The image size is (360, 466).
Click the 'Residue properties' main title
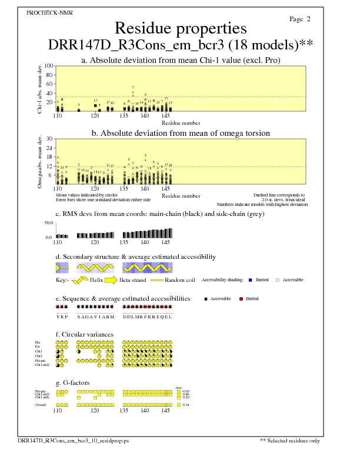[180, 28]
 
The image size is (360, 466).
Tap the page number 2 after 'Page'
[308, 19]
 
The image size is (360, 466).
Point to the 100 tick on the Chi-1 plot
[49, 66]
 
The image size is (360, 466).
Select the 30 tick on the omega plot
[51, 139]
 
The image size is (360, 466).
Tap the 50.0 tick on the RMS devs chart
[49, 223]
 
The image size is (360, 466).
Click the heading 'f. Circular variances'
[84, 334]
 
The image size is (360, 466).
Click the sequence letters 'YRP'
[62, 316]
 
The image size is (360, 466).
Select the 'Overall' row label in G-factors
[42, 405]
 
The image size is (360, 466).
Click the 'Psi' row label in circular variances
[38, 347]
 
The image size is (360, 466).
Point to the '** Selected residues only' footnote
[289, 440]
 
